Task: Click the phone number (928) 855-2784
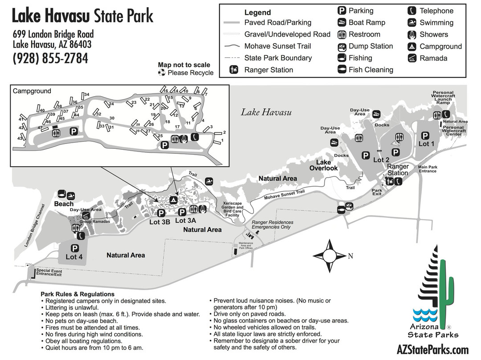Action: point(50,58)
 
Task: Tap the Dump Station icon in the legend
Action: point(342,46)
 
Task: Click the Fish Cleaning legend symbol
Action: point(342,70)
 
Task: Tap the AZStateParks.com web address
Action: point(432,350)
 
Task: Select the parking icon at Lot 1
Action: point(425,135)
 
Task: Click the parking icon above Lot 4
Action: point(74,249)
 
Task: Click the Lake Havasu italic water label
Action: point(266,112)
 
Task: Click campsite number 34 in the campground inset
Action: point(86,94)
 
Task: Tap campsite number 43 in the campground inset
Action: point(20,139)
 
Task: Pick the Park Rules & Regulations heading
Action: point(77,294)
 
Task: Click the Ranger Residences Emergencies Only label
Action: point(272,225)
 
